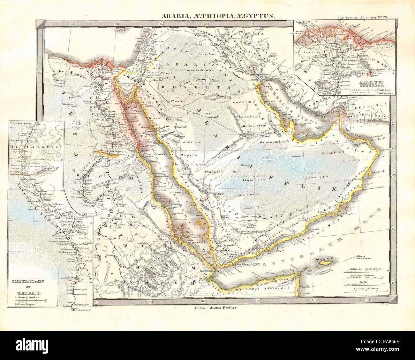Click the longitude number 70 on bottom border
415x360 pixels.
(x=313, y=300)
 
